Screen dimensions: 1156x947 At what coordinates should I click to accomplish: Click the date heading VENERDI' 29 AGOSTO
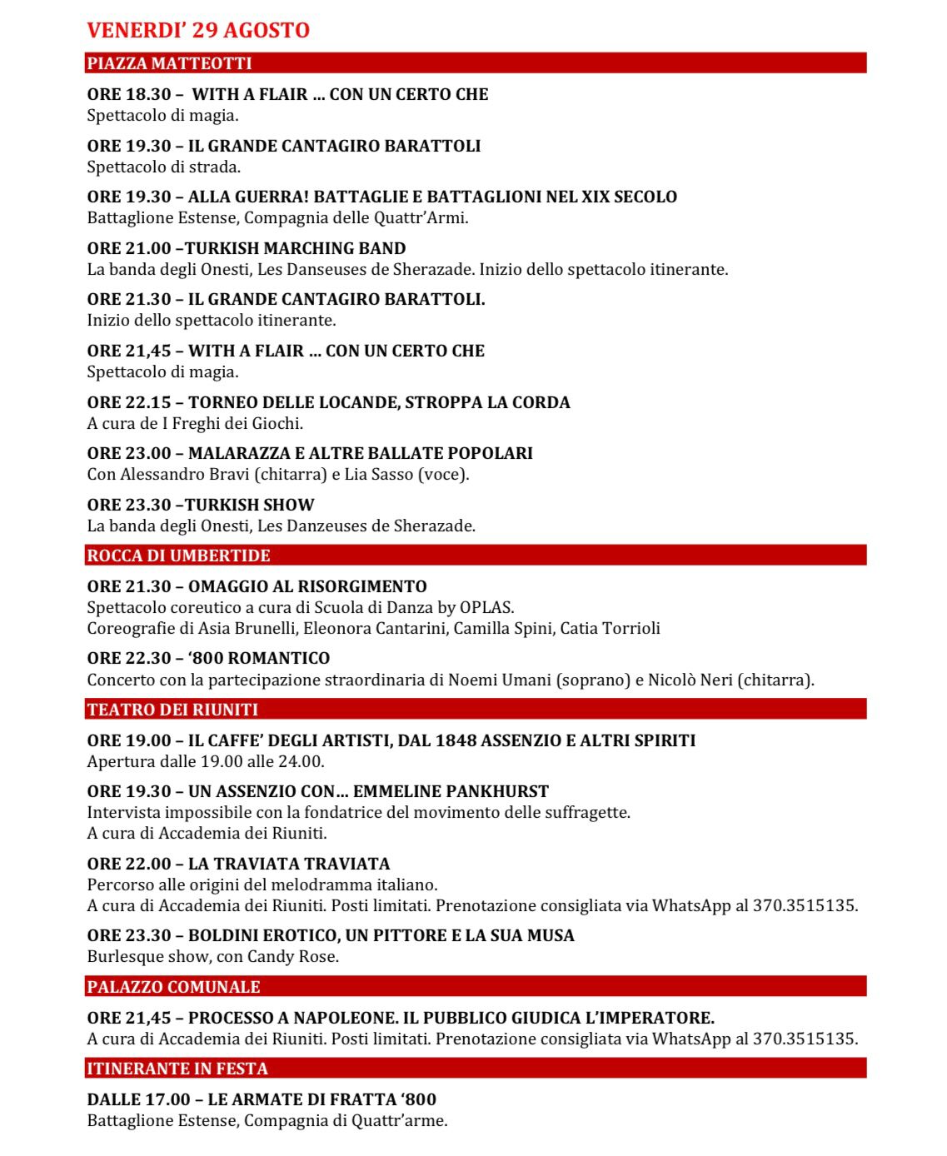click(x=198, y=30)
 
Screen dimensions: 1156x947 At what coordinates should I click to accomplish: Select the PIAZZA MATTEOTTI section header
click(x=169, y=63)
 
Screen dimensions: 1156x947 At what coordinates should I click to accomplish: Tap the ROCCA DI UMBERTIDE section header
click(x=178, y=556)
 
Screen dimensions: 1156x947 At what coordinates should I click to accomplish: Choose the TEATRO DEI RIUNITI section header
click(x=172, y=710)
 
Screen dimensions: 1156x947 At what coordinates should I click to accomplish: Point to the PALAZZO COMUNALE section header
click(x=173, y=987)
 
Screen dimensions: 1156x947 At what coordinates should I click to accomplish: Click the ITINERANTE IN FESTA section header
click(x=177, y=1069)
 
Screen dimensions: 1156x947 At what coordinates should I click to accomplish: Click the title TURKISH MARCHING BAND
click(x=296, y=248)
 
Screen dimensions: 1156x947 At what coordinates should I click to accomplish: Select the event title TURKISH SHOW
click(x=250, y=505)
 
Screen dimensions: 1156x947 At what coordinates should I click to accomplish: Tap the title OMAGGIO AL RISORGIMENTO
click(x=307, y=586)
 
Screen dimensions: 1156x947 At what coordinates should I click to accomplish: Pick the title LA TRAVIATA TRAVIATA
click(x=289, y=864)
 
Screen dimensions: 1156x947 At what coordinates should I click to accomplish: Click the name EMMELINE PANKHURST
click(x=451, y=791)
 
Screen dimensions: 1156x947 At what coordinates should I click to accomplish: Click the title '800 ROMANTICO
click(x=259, y=658)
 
